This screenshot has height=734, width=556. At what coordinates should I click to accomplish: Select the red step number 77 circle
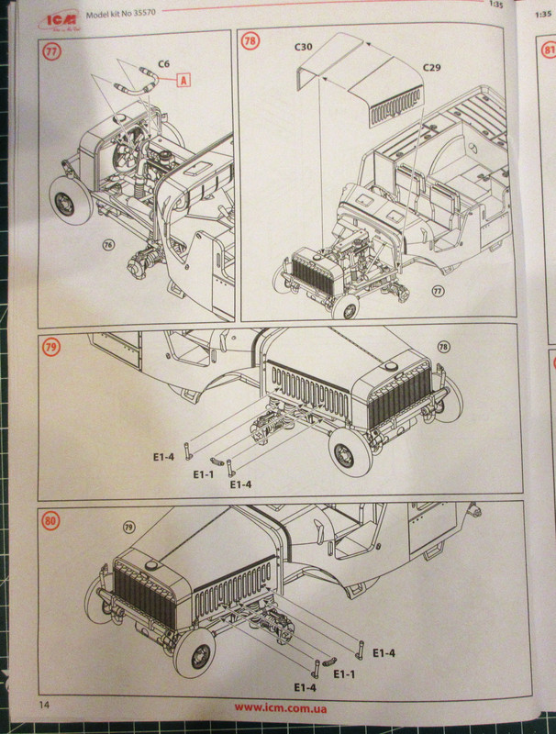pyautogui.click(x=51, y=50)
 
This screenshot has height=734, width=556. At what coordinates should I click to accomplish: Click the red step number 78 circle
pyautogui.click(x=249, y=42)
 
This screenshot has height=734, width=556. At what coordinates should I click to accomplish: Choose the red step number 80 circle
pyautogui.click(x=50, y=521)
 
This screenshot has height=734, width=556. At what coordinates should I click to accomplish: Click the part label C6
pyautogui.click(x=163, y=64)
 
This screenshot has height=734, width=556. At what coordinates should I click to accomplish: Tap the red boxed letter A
pyautogui.click(x=183, y=81)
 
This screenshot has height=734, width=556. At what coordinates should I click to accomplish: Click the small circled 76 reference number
pyautogui.click(x=108, y=245)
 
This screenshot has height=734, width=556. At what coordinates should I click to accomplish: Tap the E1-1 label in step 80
pyautogui.click(x=344, y=673)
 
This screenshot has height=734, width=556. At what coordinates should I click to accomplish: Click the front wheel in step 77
pyautogui.click(x=65, y=202)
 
